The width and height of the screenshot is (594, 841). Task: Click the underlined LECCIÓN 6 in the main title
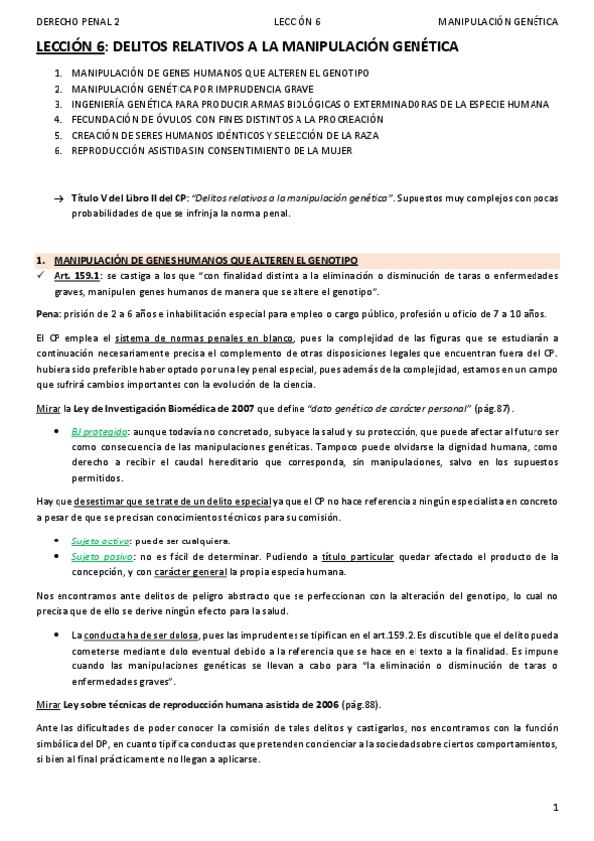(69, 46)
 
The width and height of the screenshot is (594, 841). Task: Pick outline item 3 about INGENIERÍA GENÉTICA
(307, 103)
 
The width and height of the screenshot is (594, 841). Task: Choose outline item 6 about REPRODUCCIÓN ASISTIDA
(212, 150)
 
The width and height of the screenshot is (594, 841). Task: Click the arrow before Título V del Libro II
(59, 198)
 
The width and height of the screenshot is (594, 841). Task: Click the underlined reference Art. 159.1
(76, 276)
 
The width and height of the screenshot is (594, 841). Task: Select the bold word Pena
(48, 314)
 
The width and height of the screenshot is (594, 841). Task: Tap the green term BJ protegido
(99, 432)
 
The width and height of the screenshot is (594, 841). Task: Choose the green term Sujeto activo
(99, 541)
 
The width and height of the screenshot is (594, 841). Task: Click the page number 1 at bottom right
(556, 807)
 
